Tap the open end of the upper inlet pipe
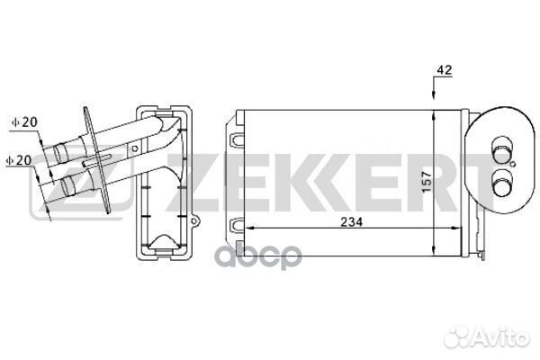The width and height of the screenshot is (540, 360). tap(58, 153)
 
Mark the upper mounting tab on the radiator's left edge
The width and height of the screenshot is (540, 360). tap(237, 141)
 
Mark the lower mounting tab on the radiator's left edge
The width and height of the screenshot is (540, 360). tap(237, 224)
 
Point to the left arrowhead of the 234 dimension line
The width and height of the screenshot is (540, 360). tap(250, 230)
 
